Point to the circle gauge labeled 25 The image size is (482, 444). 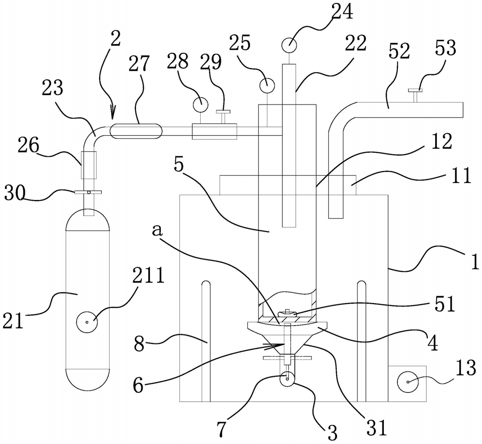[x=267, y=85]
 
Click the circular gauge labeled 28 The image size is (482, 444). [x=200, y=104]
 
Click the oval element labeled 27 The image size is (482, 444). [x=135, y=131]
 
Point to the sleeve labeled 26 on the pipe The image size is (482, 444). [x=88, y=166]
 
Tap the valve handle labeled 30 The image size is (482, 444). [x=89, y=192]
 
